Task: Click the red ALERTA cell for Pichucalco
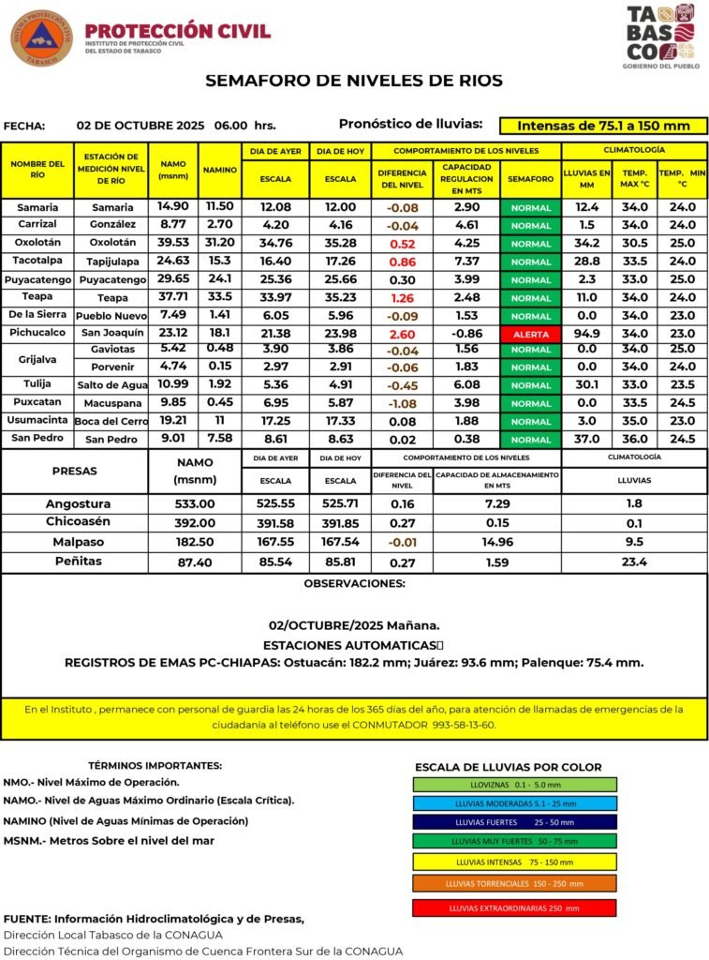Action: tap(531, 334)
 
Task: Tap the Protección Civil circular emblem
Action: tap(41, 38)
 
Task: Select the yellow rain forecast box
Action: tap(603, 126)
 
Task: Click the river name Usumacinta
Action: tap(37, 421)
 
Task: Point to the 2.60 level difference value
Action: tap(402, 333)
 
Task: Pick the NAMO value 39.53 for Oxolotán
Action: tap(173, 243)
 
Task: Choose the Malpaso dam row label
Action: tap(78, 542)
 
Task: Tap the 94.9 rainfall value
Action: tap(586, 333)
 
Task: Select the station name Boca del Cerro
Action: tap(112, 421)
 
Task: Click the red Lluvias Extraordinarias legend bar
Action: tap(515, 907)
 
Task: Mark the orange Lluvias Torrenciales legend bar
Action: tap(515, 883)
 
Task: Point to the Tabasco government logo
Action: tap(660, 37)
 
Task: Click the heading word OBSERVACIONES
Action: tap(354, 584)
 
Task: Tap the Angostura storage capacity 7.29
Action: tap(496, 503)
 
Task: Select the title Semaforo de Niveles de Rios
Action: tap(354, 81)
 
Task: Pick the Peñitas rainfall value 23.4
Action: tap(634, 562)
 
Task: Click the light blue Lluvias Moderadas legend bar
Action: tap(515, 803)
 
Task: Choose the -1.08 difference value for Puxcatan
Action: tap(402, 403)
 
